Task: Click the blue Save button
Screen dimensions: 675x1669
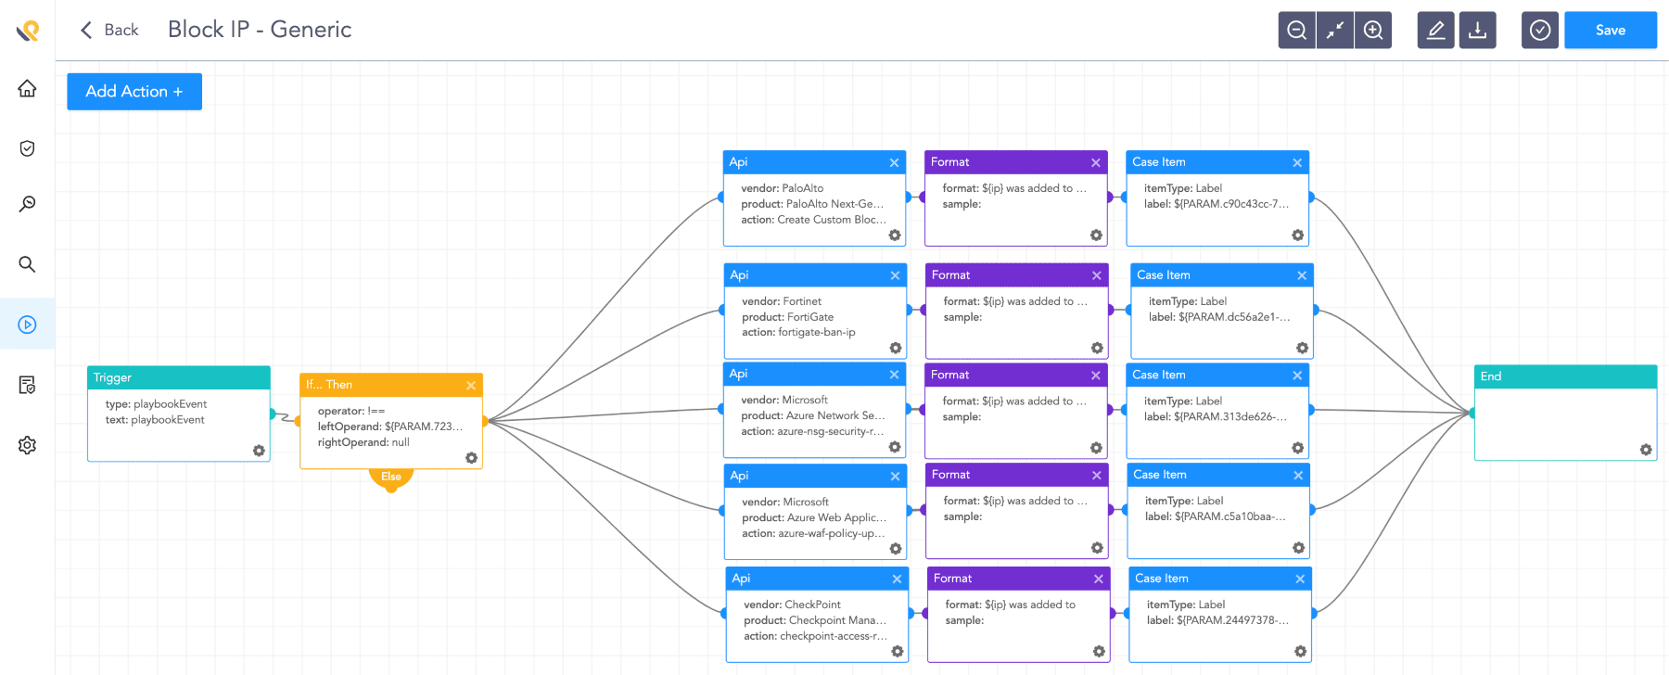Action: (1610, 31)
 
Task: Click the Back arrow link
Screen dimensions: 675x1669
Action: (108, 30)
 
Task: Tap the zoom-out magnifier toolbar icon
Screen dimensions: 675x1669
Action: (1296, 31)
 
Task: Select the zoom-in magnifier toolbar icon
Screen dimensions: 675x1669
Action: (1373, 31)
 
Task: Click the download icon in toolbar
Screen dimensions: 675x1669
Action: (1477, 31)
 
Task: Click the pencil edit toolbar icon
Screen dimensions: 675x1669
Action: (1435, 31)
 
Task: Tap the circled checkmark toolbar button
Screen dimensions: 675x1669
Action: (1539, 31)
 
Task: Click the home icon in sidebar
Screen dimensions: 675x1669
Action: (27, 89)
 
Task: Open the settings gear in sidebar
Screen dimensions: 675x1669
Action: (27, 445)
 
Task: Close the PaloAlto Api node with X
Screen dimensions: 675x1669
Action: (894, 162)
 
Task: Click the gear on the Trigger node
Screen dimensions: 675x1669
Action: (259, 451)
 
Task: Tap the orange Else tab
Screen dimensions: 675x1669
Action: (391, 478)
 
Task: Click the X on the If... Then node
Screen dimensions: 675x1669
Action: (471, 385)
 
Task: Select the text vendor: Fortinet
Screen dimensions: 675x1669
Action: (782, 301)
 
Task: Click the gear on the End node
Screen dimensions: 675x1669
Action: (1646, 450)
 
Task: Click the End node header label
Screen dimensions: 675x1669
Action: (1491, 376)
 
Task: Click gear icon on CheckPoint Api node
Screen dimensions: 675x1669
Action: (898, 652)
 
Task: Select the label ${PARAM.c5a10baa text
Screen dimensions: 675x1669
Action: (1215, 516)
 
